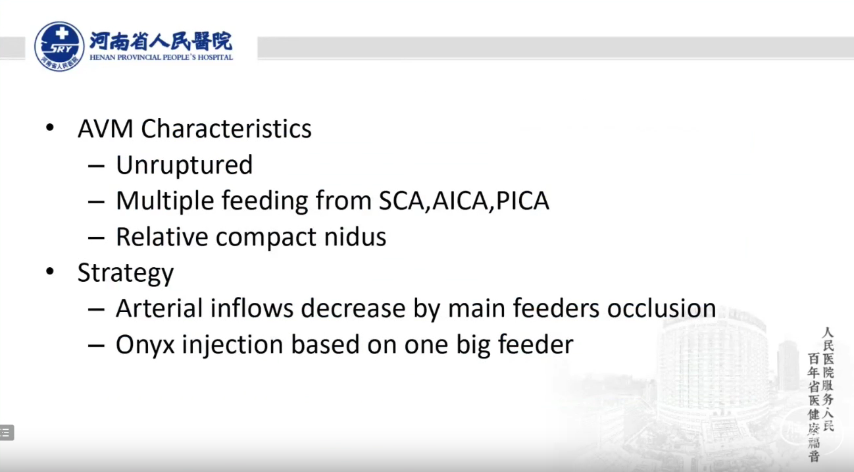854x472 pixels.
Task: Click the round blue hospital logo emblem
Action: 59,46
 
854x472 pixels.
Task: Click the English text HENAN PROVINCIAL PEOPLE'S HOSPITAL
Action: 161,57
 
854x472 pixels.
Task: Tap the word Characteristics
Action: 226,128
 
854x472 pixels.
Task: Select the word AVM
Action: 105,128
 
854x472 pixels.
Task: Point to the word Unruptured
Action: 184,165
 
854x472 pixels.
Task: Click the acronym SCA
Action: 401,201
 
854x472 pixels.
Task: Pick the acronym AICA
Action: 460,201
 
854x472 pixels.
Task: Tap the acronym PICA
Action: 522,201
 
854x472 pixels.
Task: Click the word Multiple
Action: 164,201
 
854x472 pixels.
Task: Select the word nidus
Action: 355,236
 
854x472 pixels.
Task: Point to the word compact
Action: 266,238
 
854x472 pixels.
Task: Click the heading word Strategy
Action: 126,273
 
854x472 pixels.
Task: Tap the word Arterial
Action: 159,308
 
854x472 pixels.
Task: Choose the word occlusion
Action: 661,308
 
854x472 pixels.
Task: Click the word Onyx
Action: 145,345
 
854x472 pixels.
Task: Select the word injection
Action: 232,345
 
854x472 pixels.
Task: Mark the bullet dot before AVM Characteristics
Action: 50,128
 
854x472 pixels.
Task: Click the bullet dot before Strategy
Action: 50,272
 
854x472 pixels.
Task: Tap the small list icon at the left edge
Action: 6,433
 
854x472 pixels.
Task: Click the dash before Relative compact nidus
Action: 96,238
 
